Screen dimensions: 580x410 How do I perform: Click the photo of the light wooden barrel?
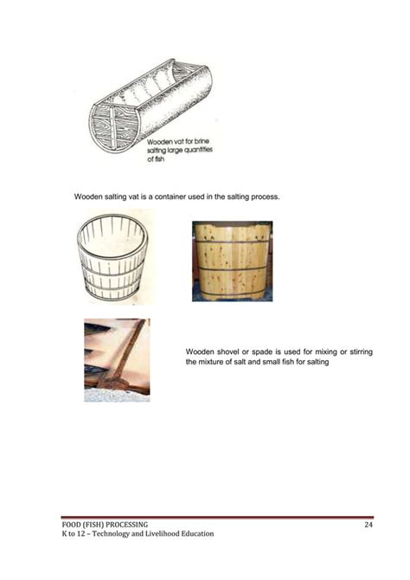pos(232,260)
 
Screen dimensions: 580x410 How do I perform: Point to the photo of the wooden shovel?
pos(117,359)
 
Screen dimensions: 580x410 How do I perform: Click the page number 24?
pos(368,525)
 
